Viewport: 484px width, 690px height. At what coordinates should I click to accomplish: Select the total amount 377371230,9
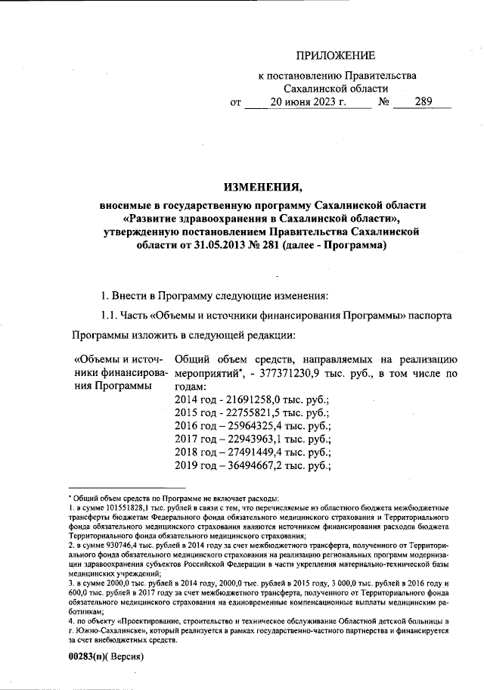(326, 373)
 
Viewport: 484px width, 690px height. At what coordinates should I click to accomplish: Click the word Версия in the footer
(126, 657)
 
